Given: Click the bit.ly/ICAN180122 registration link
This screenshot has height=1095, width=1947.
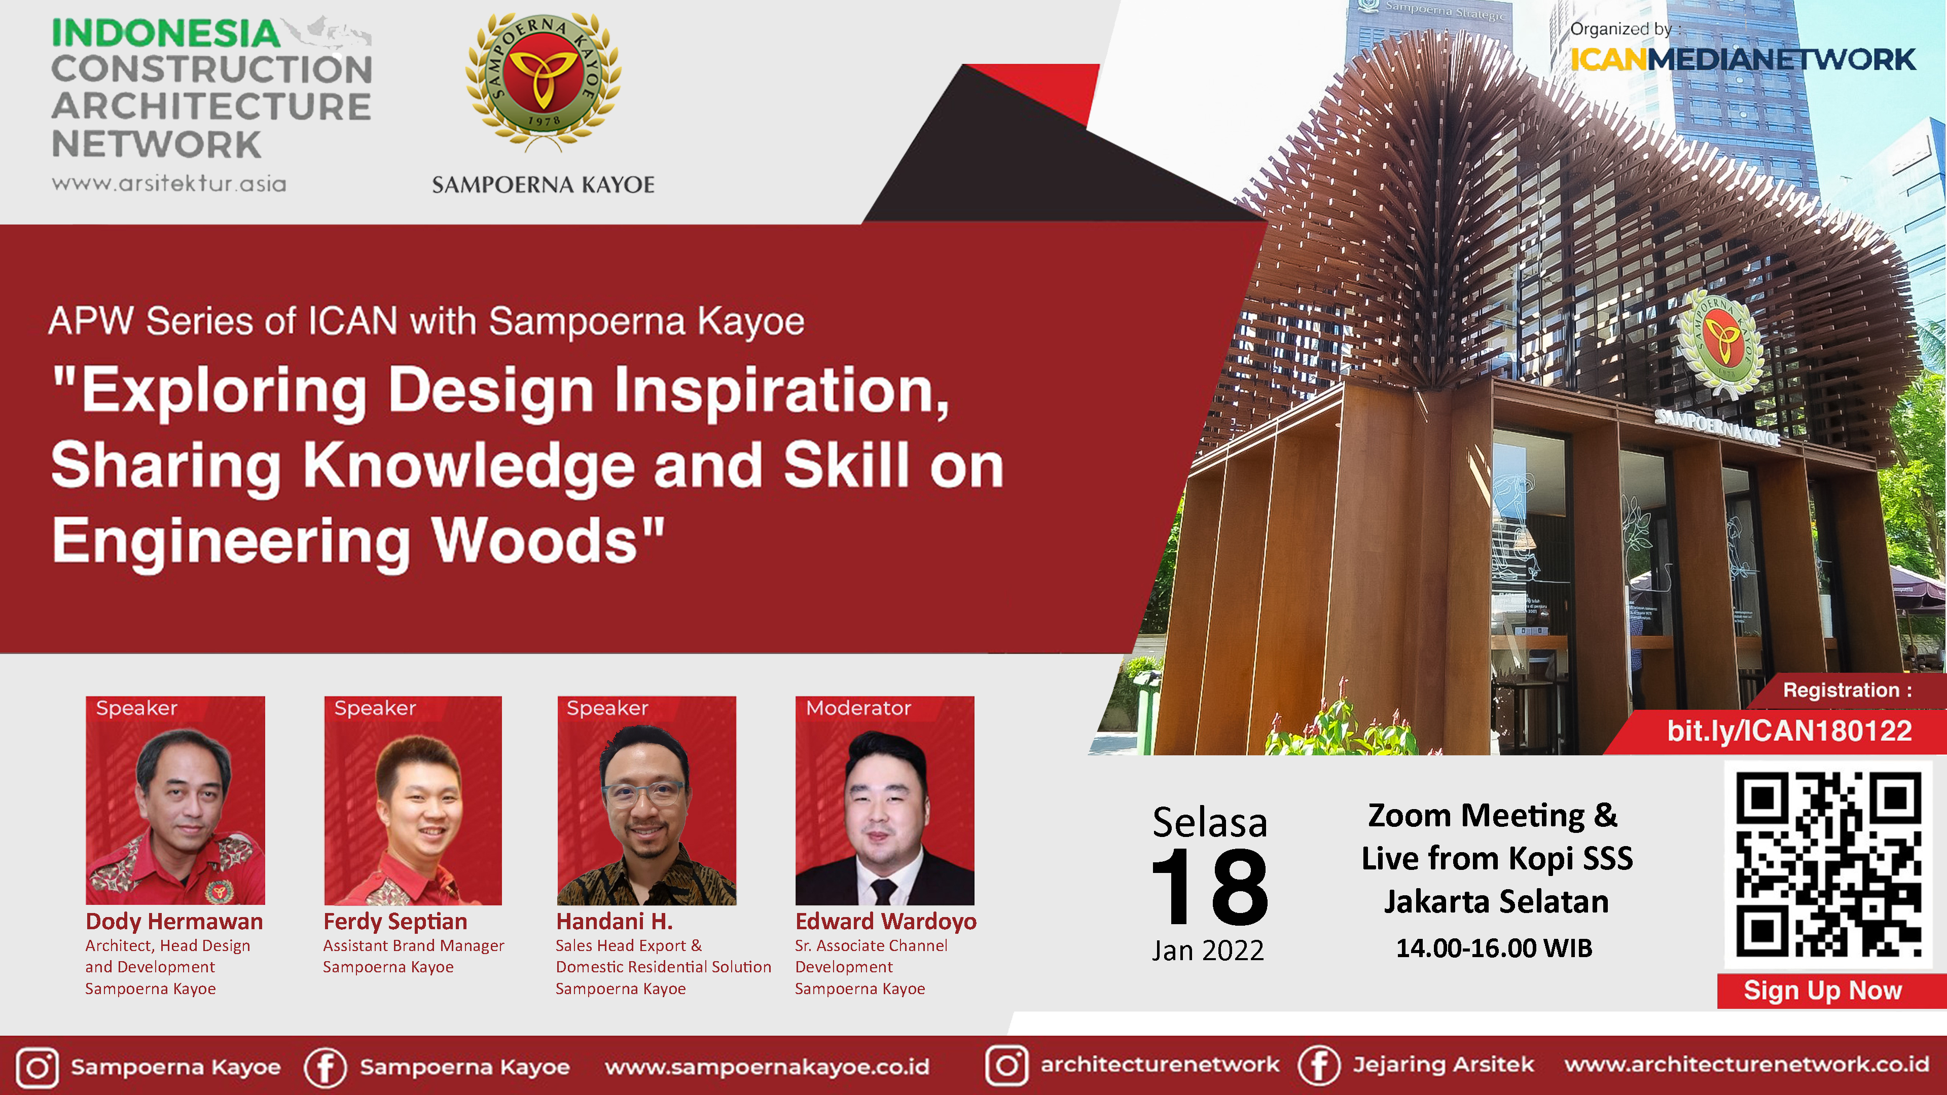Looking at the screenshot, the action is point(1789,731).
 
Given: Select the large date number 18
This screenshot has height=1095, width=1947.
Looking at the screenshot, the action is point(1209,887).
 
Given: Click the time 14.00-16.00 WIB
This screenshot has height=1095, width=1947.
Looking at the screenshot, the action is point(1494,947).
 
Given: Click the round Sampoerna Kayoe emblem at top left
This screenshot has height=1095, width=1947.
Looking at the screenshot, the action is point(544,78).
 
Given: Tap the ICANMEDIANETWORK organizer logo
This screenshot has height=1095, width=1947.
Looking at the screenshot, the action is point(1742,59).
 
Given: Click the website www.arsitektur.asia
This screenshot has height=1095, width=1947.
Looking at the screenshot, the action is point(168,184).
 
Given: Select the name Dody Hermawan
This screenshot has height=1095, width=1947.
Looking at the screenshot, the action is point(174,921).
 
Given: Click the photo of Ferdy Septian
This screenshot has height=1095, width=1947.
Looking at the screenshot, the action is point(413,800).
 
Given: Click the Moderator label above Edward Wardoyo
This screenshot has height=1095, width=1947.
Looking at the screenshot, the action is point(858,708).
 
